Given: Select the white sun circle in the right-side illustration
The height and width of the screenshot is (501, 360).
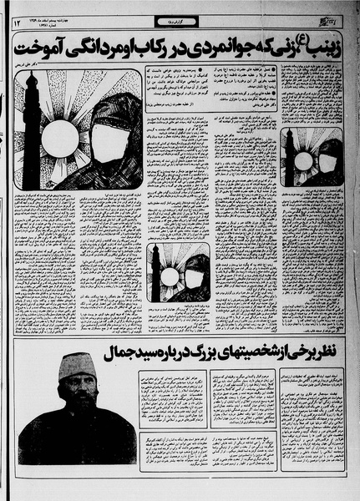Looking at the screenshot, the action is pos(303,159).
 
